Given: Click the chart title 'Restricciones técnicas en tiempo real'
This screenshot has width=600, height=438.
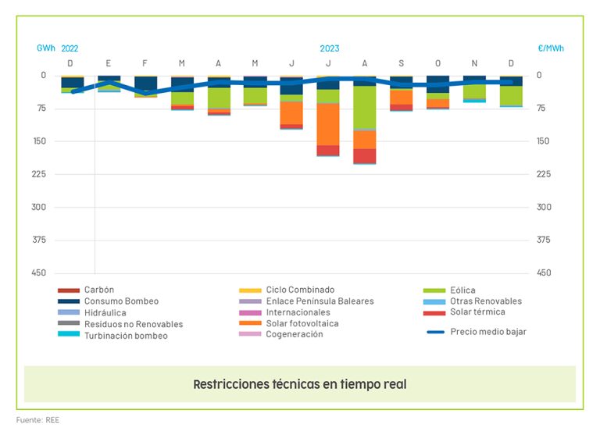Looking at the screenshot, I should [300, 384].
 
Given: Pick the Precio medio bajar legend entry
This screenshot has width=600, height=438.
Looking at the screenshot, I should [487, 331].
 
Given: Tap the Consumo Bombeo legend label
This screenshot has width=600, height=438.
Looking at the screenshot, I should [121, 301].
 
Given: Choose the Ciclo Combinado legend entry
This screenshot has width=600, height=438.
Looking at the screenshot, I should [299, 290].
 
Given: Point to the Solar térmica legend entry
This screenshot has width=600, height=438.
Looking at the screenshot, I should [477, 312].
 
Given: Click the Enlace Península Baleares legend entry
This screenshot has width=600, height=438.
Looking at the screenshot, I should [320, 301].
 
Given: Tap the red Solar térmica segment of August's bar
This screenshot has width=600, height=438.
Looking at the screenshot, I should [365, 155].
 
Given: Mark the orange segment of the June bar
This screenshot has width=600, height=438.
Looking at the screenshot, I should [291, 112].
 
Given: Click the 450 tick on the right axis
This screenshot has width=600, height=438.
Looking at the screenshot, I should [545, 272].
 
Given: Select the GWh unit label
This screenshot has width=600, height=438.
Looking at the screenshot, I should [46, 48].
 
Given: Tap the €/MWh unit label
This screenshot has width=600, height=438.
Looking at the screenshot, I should [551, 48].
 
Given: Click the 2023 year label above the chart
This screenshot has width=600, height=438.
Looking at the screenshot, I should [330, 48].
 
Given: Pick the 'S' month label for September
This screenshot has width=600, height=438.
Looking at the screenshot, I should [402, 62].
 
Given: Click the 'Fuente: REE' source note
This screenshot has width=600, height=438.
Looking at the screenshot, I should [37, 420].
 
